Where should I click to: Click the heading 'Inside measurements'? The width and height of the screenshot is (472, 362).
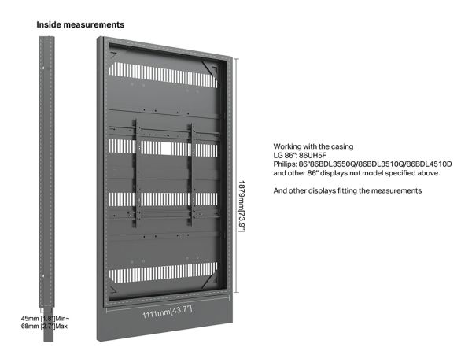point(80,24)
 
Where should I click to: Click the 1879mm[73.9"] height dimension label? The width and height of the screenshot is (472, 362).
point(242,206)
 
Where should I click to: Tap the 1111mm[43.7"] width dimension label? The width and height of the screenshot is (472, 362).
point(167,312)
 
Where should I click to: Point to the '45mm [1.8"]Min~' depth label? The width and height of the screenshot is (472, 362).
point(45,319)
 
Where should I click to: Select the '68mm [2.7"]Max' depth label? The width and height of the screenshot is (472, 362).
point(44,326)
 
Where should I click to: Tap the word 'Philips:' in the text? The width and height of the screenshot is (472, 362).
point(285,164)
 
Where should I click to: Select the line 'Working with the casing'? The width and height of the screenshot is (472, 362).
point(313,146)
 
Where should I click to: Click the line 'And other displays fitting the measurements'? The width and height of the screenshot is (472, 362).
point(348,190)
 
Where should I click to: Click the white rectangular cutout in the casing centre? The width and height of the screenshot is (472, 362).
point(166,149)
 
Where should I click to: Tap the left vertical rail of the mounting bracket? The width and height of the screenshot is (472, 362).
point(137,173)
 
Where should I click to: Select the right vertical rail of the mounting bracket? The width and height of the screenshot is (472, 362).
point(191,175)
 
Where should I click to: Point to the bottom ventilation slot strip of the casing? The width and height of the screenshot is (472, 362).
point(163,272)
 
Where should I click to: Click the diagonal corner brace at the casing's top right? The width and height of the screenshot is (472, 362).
point(209,68)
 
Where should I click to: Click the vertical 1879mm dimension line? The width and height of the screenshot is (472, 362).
point(237,175)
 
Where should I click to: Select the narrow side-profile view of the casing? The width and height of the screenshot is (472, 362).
point(47,189)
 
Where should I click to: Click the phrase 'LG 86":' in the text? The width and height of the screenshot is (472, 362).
point(285,155)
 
